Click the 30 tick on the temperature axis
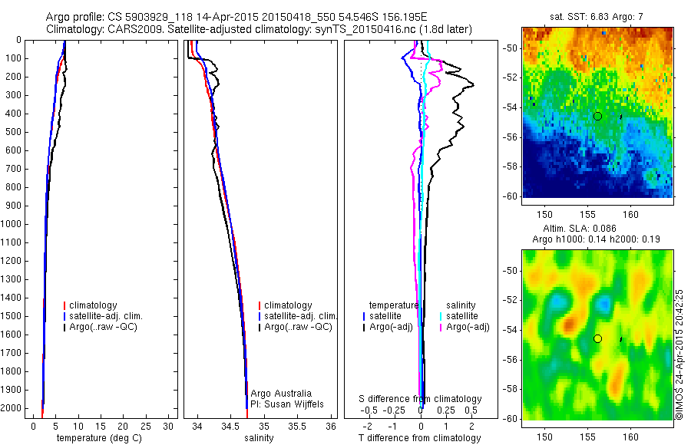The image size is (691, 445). click(169, 426)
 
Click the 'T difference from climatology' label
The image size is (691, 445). click(420, 438)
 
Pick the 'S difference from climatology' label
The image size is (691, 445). click(420, 399)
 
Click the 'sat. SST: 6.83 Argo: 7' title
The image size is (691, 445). click(597, 16)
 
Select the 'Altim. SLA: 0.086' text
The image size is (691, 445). click(597, 229)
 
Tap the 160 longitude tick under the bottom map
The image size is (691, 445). click(630, 437)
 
